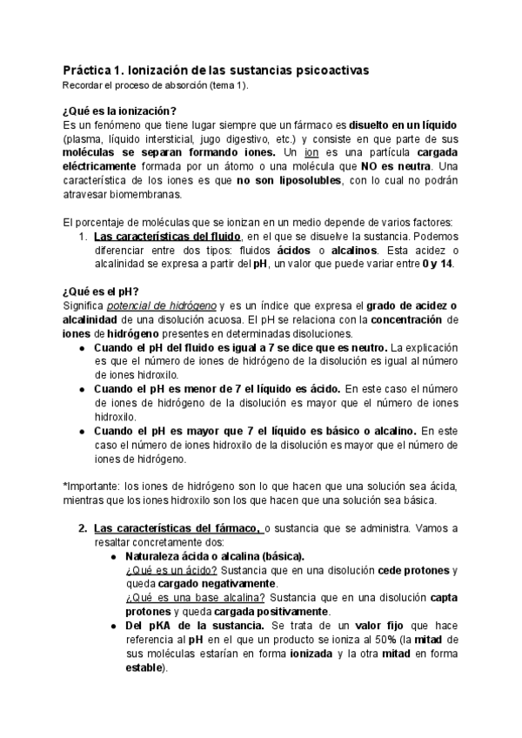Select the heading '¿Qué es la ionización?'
click(119, 111)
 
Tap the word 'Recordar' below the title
click(85, 84)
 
